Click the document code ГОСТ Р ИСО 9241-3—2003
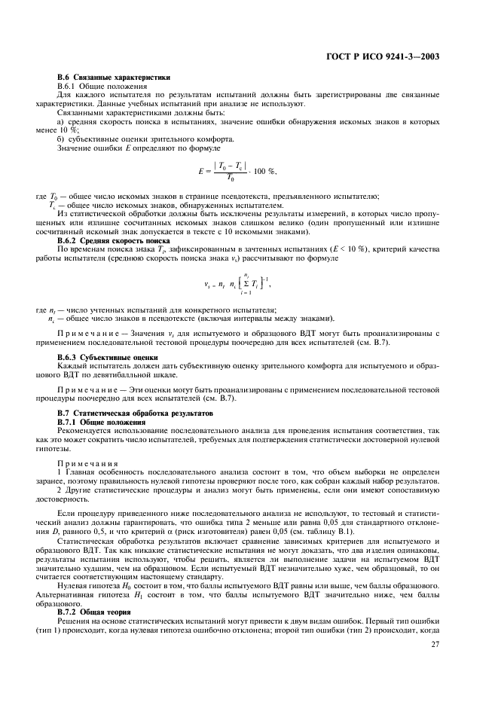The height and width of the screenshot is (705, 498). tap(394, 56)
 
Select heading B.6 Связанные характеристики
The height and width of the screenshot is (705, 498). tap(114, 78)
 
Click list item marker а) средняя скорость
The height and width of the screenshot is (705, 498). tap(61, 121)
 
